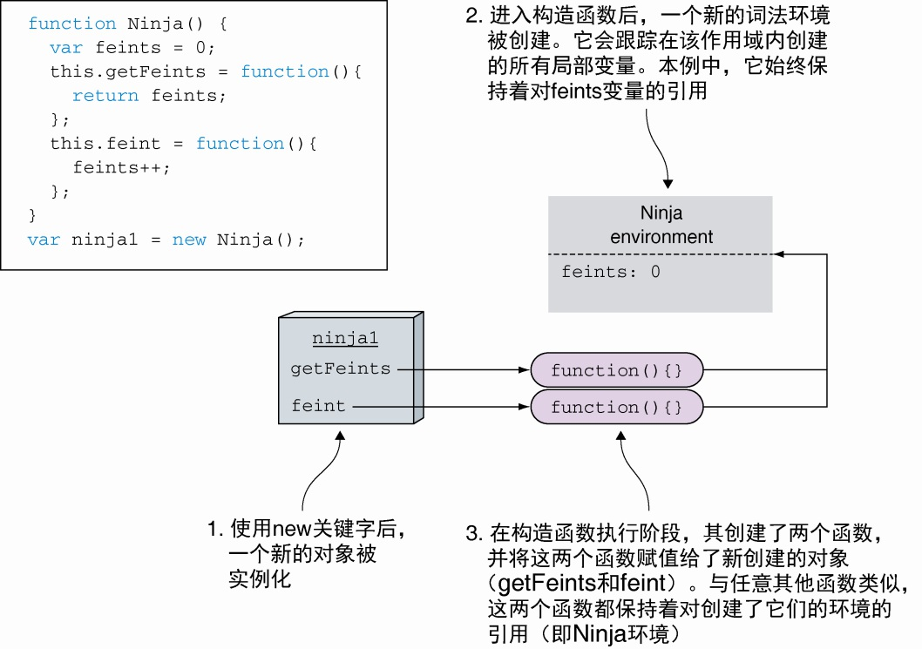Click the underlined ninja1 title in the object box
coord(345,339)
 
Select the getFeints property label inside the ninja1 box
coord(340,368)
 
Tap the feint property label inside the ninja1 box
coord(318,406)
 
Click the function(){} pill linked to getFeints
coord(617,370)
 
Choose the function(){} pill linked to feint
coord(617,407)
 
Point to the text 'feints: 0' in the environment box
coord(610,272)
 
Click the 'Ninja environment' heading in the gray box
coord(661,225)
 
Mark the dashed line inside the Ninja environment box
coord(660,254)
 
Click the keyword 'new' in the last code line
coord(189,240)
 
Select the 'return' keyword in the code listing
coord(105,96)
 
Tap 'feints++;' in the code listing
coord(121,167)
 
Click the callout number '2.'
coord(473,15)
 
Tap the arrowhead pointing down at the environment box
coord(668,184)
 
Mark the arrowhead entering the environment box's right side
coord(779,254)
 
